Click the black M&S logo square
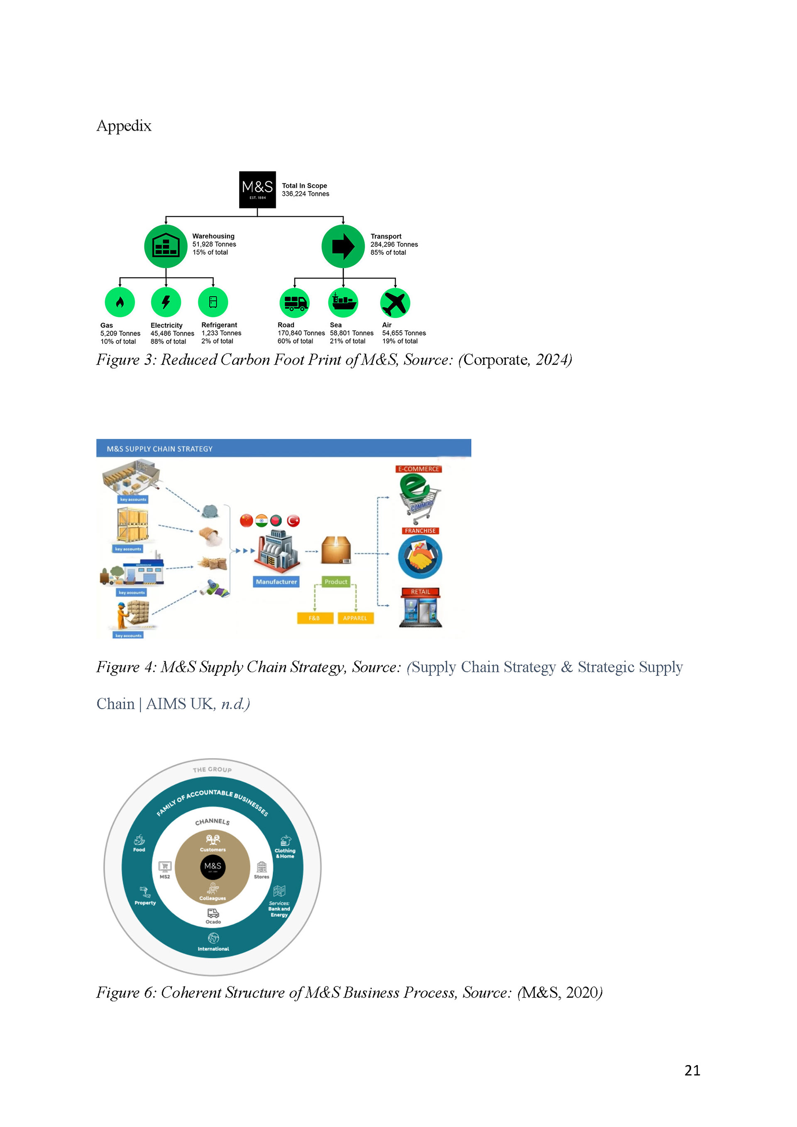click(257, 190)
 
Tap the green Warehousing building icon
click(166, 246)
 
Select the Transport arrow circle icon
click(343, 246)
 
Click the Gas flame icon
click(120, 302)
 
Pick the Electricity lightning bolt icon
click(166, 302)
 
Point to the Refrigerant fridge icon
click(213, 302)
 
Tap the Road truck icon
click(295, 303)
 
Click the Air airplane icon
click(395, 303)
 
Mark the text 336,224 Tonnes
click(306, 194)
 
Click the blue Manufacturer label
click(276, 582)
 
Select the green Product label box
click(336, 582)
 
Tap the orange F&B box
click(315, 618)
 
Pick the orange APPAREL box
click(355, 618)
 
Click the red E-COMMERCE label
click(418, 469)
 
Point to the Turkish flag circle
click(293, 521)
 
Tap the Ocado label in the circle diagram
click(213, 922)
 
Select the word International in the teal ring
click(213, 949)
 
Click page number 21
click(692, 1070)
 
